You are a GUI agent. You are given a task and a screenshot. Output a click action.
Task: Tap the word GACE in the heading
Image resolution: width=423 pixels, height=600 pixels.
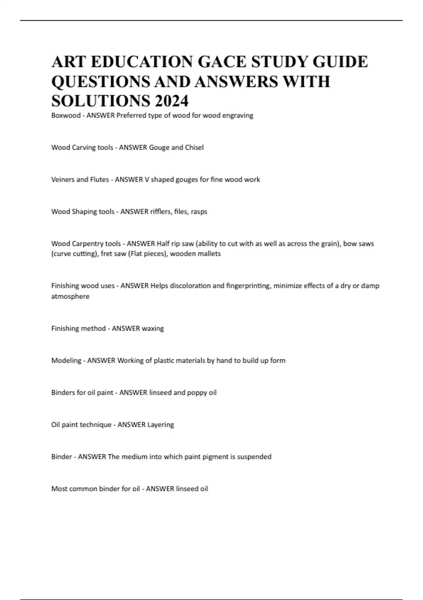tap(221, 62)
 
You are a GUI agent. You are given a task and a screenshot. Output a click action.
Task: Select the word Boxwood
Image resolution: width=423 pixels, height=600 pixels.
tap(66, 115)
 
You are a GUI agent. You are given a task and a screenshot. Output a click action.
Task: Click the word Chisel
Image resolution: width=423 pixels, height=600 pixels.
tap(194, 148)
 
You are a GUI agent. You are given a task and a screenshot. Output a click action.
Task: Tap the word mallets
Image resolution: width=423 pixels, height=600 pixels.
tap(209, 254)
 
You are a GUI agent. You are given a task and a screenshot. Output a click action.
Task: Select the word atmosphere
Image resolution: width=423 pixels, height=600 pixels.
tap(70, 296)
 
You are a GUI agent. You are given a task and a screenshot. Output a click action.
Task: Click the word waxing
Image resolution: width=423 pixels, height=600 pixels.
tap(153, 329)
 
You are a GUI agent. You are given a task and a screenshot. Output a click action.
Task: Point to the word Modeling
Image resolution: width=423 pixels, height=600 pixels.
tap(66, 361)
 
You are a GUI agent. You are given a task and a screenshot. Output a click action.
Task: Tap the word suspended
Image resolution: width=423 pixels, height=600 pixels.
tap(254, 457)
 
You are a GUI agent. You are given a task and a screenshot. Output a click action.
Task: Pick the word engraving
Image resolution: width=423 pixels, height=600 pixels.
tap(238, 115)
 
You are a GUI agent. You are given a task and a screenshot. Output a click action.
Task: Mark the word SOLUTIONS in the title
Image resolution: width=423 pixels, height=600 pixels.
tap(100, 101)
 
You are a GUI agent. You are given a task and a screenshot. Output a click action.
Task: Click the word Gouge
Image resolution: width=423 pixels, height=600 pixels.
tap(159, 148)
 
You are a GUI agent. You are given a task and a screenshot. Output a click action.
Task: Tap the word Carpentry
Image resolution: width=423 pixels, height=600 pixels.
tap(88, 244)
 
